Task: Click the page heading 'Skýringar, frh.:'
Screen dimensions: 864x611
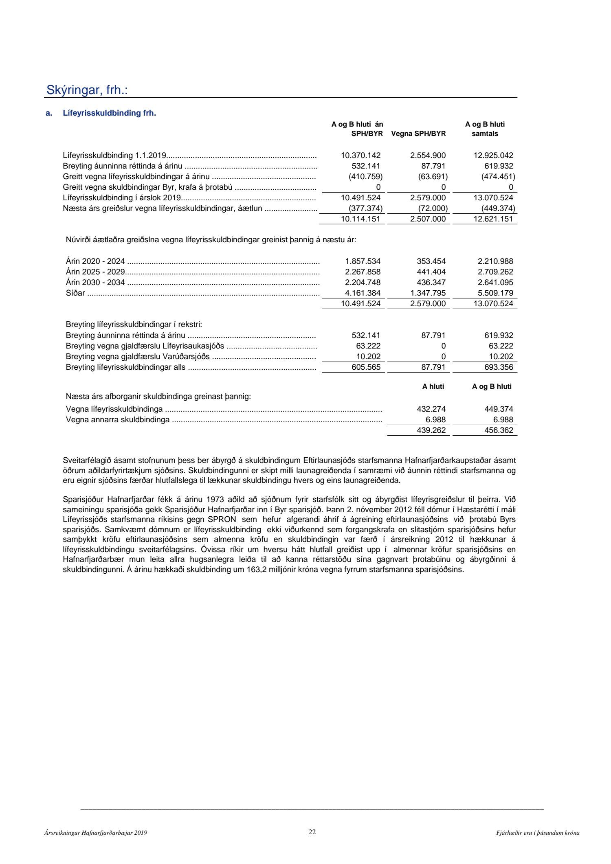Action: point(87,90)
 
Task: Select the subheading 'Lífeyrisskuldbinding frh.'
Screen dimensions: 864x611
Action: point(110,113)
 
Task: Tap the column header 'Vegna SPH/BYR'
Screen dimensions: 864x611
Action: point(418,134)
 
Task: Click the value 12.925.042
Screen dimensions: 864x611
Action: point(493,155)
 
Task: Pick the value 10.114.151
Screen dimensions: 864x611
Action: point(360,219)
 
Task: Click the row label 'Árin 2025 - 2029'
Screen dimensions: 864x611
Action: point(95,272)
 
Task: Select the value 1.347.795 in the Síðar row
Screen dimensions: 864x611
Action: point(426,293)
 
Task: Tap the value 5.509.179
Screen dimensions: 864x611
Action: point(493,293)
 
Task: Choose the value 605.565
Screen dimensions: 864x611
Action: point(366,367)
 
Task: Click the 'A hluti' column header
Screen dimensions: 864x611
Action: point(433,386)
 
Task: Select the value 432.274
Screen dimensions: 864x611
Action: point(431,409)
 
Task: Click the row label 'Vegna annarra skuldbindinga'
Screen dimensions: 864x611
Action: point(118,419)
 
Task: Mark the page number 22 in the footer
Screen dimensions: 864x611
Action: point(312,832)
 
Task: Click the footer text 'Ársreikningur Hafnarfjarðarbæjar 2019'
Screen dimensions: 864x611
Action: point(96,833)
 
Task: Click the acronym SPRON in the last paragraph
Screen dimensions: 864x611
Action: point(222,519)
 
